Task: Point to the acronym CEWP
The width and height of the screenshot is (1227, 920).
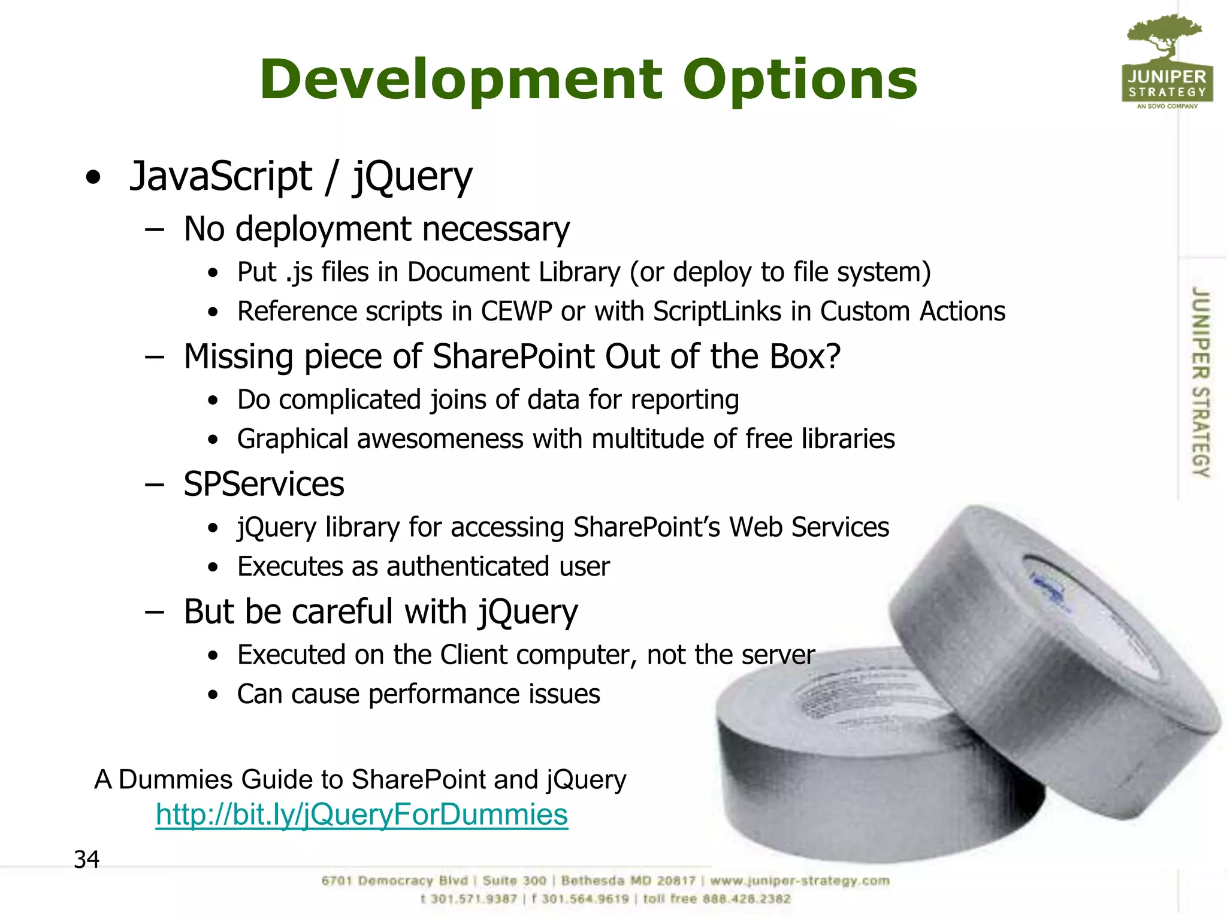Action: click(x=516, y=311)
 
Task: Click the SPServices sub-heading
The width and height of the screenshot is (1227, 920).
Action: click(x=264, y=484)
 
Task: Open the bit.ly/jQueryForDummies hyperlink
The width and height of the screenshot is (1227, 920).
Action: click(x=361, y=815)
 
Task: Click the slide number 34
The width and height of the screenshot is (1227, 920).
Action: click(x=86, y=860)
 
